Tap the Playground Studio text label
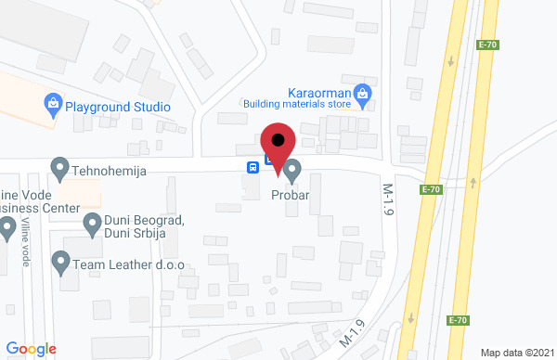point(118,107)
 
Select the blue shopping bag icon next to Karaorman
point(363,93)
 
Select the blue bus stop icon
point(252,167)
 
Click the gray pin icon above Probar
point(292,171)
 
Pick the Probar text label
point(290,196)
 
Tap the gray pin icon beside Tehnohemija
point(60,169)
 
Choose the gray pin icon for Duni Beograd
point(93,223)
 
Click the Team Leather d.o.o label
point(130,264)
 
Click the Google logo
point(32,349)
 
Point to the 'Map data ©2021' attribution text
point(517,353)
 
